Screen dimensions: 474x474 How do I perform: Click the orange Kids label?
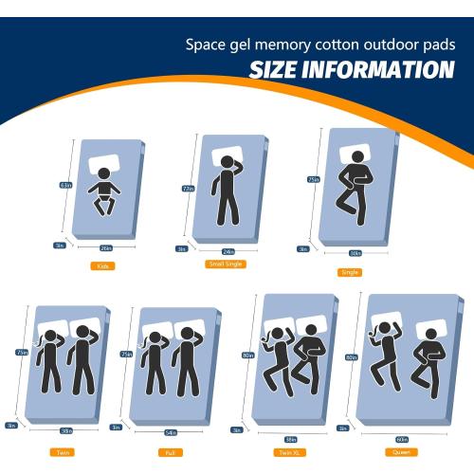(x=102, y=266)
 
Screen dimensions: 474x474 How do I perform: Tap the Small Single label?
(x=227, y=264)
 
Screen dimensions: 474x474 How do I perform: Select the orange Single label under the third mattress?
(x=349, y=272)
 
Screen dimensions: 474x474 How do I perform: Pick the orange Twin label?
(x=63, y=452)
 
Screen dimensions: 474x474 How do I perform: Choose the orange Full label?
(x=169, y=452)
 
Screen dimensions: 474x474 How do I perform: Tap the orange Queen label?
(x=402, y=452)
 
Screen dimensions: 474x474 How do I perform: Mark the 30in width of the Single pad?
(x=355, y=253)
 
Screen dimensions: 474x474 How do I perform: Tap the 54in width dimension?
(x=171, y=432)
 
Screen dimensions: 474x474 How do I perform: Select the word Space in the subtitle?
(x=204, y=45)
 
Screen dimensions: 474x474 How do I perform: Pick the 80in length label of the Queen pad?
(x=352, y=357)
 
